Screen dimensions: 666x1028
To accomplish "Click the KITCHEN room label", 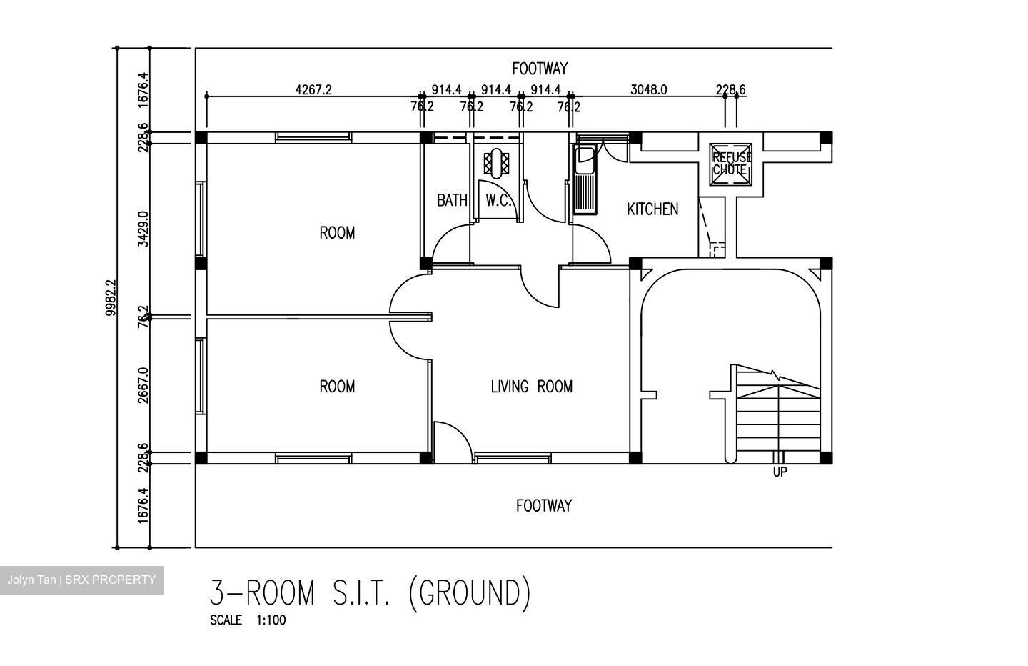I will [652, 209].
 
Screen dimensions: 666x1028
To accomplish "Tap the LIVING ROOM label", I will [531, 387].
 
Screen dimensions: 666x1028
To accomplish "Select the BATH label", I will [452, 200].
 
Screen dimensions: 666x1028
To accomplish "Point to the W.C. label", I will [498, 200].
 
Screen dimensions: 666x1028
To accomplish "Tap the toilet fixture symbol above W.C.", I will [497, 163].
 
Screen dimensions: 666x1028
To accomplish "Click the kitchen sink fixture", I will [585, 180].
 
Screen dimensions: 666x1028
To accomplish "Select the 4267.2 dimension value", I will [313, 89].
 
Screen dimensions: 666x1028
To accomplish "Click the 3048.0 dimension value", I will [648, 89].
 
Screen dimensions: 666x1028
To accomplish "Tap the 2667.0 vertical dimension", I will [143, 385].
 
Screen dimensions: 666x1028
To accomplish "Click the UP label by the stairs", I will [780, 472].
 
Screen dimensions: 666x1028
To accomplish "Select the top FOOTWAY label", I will [540, 69].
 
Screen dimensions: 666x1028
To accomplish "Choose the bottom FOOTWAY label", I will [544, 506].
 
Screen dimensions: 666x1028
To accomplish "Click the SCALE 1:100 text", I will [248, 620].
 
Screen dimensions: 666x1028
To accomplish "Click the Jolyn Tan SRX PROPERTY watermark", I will [81, 580].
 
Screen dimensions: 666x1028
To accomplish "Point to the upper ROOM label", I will [337, 233].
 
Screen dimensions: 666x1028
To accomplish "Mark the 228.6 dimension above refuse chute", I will [730, 89].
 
